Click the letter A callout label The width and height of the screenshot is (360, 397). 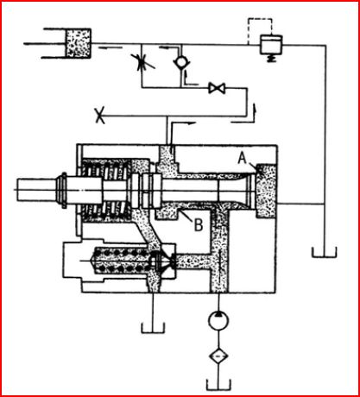[x=243, y=159]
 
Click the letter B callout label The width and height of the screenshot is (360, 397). [x=199, y=224]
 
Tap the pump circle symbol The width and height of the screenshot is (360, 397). [x=218, y=320]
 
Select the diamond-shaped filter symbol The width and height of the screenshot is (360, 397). [x=218, y=356]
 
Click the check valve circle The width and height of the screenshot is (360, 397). [x=181, y=62]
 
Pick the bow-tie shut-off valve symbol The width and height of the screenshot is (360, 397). [x=217, y=88]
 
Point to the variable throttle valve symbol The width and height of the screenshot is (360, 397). [x=142, y=62]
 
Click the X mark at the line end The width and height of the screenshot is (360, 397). [x=100, y=116]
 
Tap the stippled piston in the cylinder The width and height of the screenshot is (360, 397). [x=79, y=43]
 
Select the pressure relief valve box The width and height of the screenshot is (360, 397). [x=271, y=45]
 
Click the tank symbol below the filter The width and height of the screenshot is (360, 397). [x=218, y=385]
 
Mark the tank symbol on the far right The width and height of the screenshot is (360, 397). [x=325, y=252]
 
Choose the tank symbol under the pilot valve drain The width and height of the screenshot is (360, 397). [x=153, y=328]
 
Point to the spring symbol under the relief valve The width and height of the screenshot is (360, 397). [x=271, y=59]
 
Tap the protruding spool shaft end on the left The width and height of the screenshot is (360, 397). [x=36, y=190]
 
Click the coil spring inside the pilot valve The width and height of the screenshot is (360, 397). [x=123, y=261]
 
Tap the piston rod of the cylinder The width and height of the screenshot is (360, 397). [x=45, y=44]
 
